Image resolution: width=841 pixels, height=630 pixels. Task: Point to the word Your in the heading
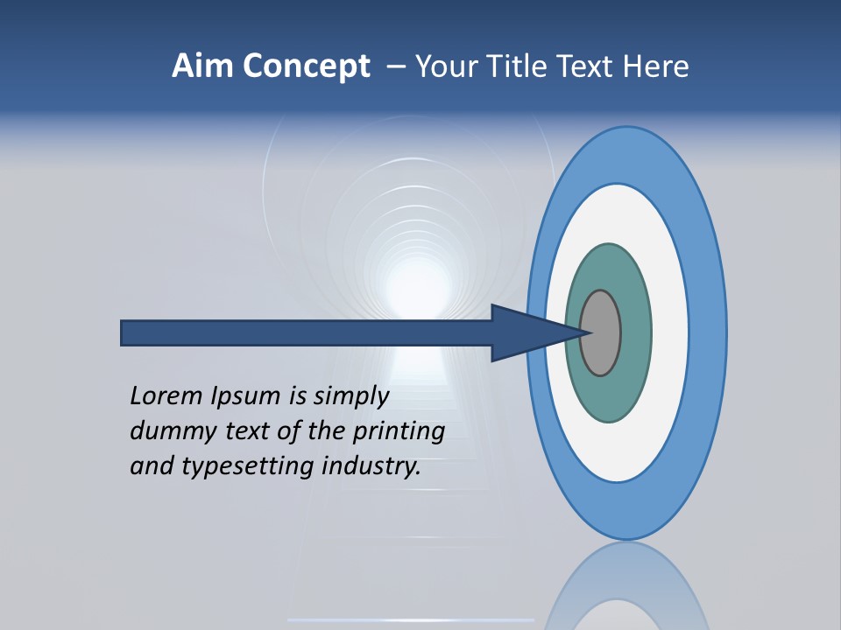point(442,66)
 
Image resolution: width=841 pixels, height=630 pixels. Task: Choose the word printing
point(398,432)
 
